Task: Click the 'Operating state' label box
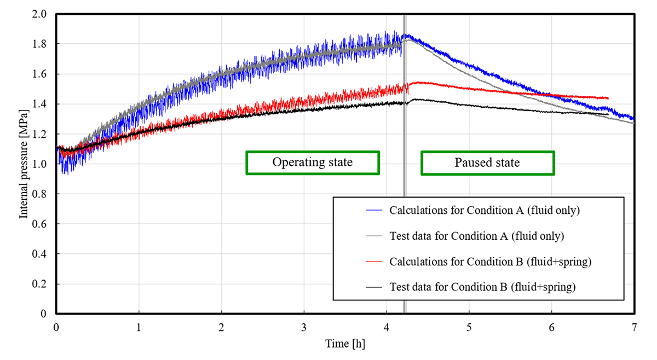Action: click(313, 163)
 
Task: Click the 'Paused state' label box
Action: click(487, 163)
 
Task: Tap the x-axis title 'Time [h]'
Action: click(345, 344)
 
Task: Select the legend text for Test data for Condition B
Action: click(482, 287)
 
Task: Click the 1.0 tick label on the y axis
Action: click(42, 164)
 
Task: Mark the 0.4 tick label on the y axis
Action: click(42, 254)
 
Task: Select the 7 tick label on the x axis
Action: click(634, 327)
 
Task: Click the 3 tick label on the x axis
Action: click(304, 327)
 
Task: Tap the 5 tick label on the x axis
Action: click(469, 327)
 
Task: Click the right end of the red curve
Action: click(608, 98)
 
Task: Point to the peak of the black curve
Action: click(414, 100)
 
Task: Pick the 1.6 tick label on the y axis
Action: click(42, 74)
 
